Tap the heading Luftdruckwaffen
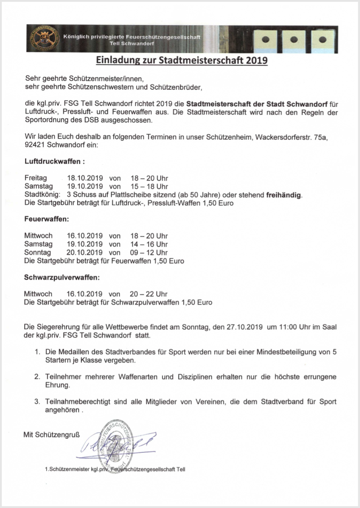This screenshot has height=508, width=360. pos(54,161)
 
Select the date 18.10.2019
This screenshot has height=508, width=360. pos(85,178)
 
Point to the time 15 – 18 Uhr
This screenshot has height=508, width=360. pos(149,186)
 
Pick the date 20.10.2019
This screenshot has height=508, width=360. pos(85,252)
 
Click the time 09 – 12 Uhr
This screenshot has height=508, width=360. pos(149,252)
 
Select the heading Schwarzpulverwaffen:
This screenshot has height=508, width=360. pos(61,278)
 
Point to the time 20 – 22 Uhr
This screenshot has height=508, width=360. pos(149,294)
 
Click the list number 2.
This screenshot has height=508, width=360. pos(37,376)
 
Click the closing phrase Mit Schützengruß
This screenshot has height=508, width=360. pos(52,434)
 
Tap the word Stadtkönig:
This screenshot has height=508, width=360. pos(42,195)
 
